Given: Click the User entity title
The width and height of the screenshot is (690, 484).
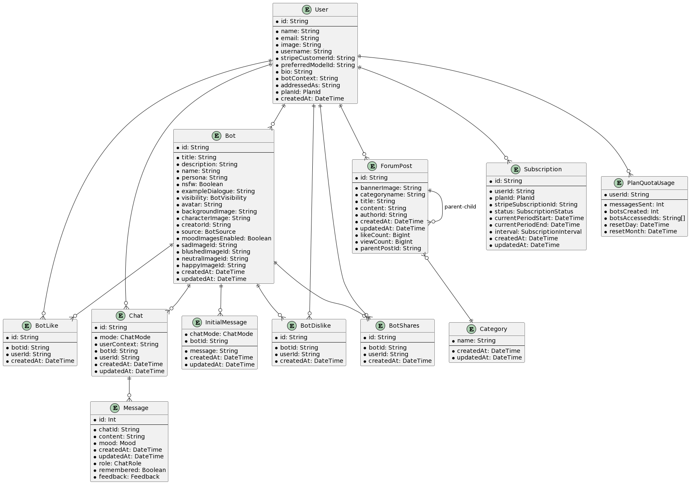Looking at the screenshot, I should tap(321, 10).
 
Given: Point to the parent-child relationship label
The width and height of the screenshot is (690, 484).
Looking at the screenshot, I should tap(460, 207).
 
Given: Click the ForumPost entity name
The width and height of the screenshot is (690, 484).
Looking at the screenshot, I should tap(396, 166).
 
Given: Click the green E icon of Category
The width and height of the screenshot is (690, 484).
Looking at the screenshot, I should tap(471, 329).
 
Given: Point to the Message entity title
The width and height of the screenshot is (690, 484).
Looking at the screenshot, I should tap(135, 408).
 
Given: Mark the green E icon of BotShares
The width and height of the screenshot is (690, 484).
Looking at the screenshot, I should tap(380, 326).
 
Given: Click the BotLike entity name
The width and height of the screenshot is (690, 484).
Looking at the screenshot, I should tap(46, 326).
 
